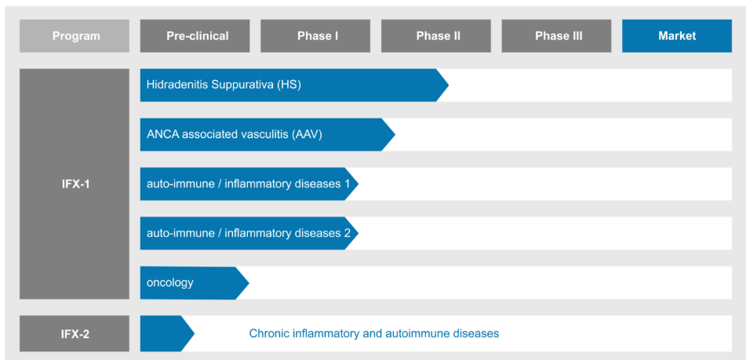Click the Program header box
pos(75,35)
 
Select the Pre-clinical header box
pos(195,35)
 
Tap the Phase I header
pos(315,35)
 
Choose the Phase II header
pos(436,35)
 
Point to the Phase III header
pos(557,35)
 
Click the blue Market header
pos(677,35)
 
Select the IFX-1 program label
pos(75,184)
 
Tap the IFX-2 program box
pos(75,334)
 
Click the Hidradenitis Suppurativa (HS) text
pos(224,85)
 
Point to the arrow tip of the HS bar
pos(448,85)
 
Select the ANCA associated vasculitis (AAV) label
pos(235,135)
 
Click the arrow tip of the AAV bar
pos(395,135)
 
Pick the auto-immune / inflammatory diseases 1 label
pos(249,184)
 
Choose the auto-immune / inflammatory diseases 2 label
pos(249,234)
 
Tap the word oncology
pos(170,283)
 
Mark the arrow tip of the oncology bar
pos(249,283)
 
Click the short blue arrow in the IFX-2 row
pos(167,333)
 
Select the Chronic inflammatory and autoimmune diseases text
pos(374,333)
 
